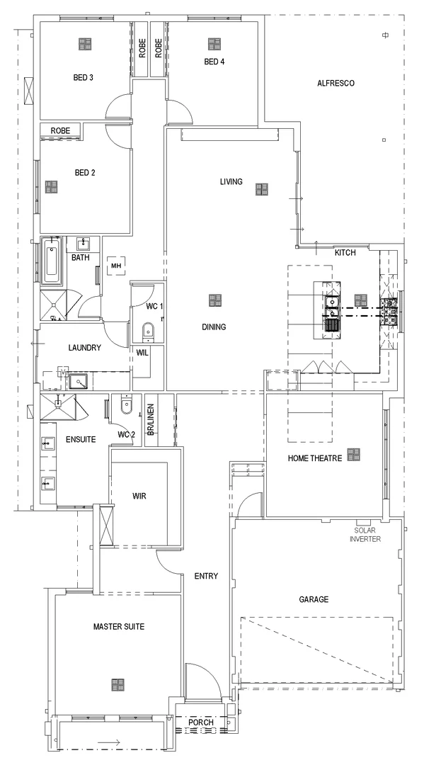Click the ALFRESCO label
pyautogui.click(x=336, y=83)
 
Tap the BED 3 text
pyautogui.click(x=84, y=77)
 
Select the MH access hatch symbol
pyautogui.click(x=115, y=266)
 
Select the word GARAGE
pyautogui.click(x=313, y=599)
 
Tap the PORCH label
pyautogui.click(x=200, y=722)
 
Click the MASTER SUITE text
pyautogui.click(x=119, y=627)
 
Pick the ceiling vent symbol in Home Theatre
pyautogui.click(x=353, y=454)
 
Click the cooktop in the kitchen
pyautogui.click(x=390, y=312)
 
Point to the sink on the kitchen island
pyautogui.click(x=331, y=305)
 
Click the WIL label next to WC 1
pyautogui.click(x=142, y=352)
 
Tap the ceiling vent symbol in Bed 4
pyautogui.click(x=213, y=44)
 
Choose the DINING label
pyautogui.click(x=213, y=327)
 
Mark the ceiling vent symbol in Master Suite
pyautogui.click(x=118, y=684)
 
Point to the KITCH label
pyautogui.click(x=345, y=252)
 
